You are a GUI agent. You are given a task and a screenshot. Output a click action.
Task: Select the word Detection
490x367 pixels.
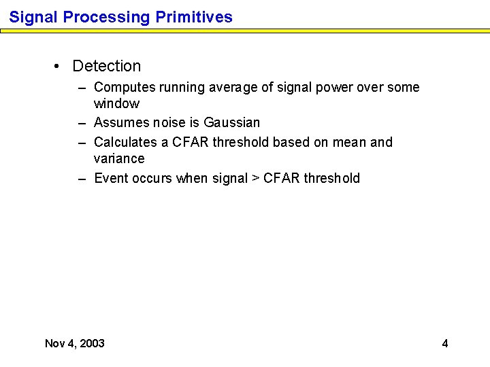pyautogui.click(x=107, y=66)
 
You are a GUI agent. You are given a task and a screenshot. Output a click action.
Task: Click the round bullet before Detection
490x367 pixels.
pyautogui.click(x=58, y=67)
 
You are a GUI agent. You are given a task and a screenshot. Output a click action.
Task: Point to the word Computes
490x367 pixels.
pyautogui.click(x=120, y=88)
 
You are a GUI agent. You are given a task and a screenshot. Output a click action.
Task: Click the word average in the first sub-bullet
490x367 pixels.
pyautogui.click(x=217, y=88)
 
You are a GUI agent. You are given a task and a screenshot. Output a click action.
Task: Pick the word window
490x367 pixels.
pyautogui.click(x=116, y=104)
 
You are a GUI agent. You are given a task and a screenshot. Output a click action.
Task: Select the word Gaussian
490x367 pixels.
pyautogui.click(x=231, y=123)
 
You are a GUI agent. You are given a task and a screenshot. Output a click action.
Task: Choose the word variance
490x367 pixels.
pyautogui.click(x=119, y=159)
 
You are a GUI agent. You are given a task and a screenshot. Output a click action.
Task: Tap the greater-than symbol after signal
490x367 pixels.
pyautogui.click(x=256, y=179)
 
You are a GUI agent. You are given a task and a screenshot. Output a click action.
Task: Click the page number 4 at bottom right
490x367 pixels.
pyautogui.click(x=445, y=343)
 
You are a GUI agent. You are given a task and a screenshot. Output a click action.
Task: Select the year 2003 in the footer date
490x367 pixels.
pyautogui.click(x=92, y=343)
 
